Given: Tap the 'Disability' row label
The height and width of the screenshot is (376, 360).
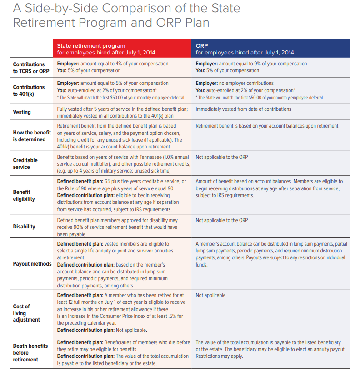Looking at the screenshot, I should click(24, 227).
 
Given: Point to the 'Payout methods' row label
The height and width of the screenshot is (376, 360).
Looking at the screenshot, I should click(32, 264).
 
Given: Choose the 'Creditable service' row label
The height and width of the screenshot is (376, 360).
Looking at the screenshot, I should click(25, 163).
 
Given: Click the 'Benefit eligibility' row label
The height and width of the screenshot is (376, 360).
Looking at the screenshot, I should click(24, 195).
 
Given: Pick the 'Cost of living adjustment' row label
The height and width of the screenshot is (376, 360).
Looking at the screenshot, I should click(26, 313).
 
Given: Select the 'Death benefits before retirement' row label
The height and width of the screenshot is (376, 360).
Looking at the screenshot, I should click(30, 352).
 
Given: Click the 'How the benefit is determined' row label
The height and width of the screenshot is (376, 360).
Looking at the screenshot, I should click(32, 136).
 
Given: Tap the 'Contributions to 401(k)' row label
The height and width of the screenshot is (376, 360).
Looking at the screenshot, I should click(29, 90).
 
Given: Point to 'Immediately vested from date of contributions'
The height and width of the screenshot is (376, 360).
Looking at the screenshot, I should click(243, 109).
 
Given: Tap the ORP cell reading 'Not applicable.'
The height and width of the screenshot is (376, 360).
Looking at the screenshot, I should click(211, 295).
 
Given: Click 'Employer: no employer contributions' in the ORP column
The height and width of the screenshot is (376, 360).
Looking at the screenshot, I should click(235, 83).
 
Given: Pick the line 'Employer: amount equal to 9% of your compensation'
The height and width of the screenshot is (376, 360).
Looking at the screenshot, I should click(251, 64).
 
